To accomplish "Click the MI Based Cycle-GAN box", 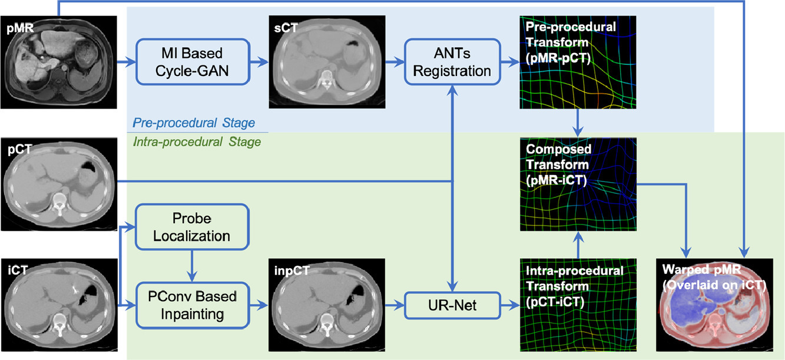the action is click(x=193, y=62).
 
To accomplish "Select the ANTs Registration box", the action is click(x=452, y=62).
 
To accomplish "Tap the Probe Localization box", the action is click(x=192, y=227).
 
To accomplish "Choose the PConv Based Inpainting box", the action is click(x=192, y=305).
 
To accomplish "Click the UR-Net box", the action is click(x=452, y=305).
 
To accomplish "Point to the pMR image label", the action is click(x=20, y=28).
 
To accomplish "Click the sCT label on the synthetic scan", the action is click(x=286, y=28).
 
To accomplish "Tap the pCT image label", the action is click(x=19, y=150).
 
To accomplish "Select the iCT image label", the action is click(x=18, y=270).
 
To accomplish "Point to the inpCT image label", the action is click(x=292, y=270).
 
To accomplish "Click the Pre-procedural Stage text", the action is click(x=193, y=123).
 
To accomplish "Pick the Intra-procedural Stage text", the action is click(x=197, y=142).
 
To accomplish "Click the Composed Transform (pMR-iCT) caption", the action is click(x=559, y=164).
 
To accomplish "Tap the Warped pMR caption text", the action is click(x=701, y=269).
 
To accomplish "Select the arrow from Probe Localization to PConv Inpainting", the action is click(x=192, y=266).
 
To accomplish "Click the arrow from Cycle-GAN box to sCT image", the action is click(x=259, y=62).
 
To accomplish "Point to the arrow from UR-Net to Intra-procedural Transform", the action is click(x=510, y=305).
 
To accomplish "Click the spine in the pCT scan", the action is click(x=59, y=204).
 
